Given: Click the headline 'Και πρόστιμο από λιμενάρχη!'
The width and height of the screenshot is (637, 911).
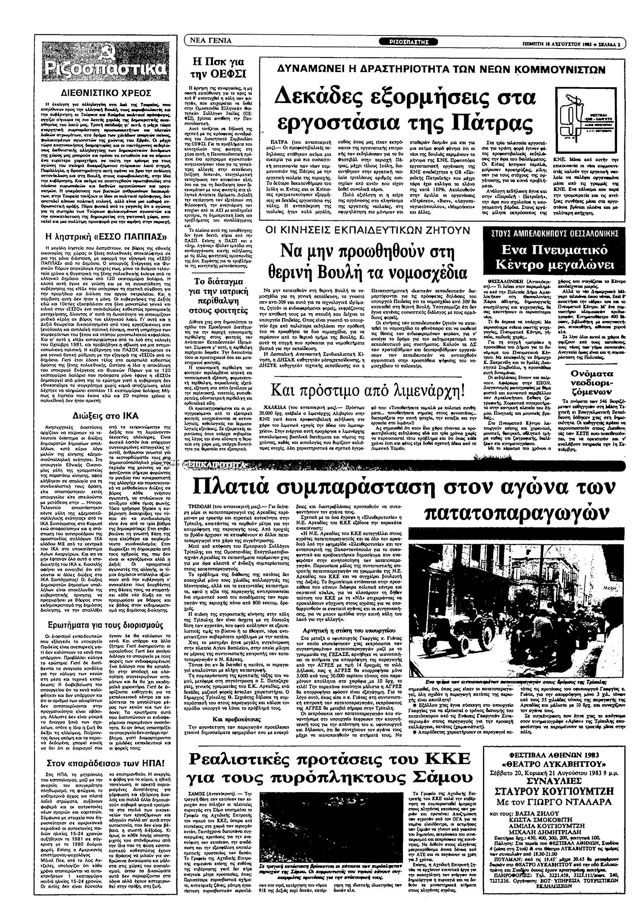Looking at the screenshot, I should coord(368,391).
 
